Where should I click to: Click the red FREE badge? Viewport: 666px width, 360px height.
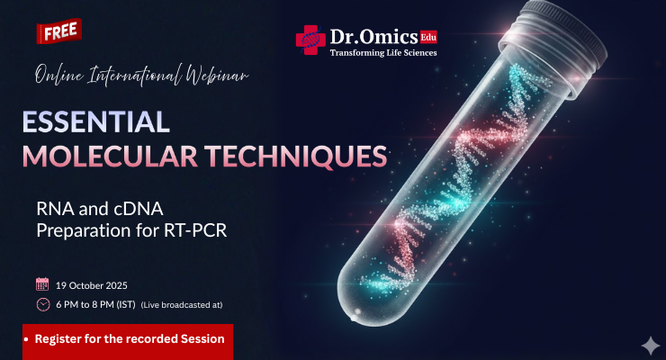[59, 31]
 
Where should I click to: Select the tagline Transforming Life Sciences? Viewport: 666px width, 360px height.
[383, 54]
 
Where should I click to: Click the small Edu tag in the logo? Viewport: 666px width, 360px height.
[428, 37]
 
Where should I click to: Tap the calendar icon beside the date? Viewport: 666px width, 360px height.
[42, 284]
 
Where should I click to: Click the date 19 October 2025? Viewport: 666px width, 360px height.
[93, 284]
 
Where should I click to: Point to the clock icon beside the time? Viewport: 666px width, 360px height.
[42, 304]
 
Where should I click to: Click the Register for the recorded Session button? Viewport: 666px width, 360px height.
[128, 340]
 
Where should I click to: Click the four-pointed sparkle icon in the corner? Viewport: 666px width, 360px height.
[648, 344]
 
